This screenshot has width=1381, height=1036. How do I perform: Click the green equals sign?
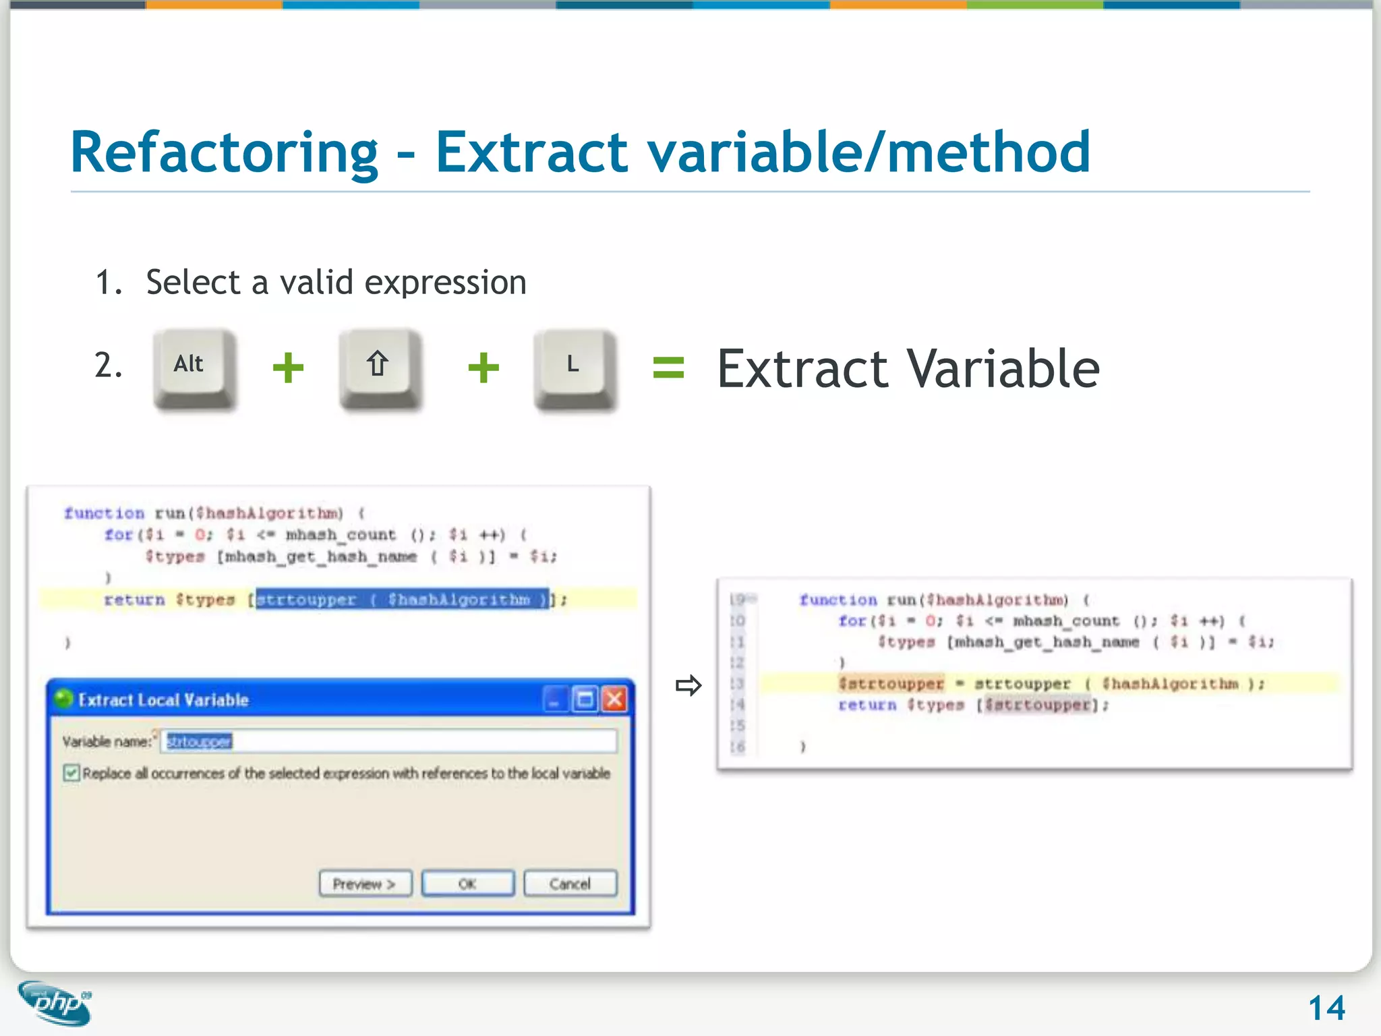pos(668,368)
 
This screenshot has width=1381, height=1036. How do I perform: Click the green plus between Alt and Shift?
pos(288,368)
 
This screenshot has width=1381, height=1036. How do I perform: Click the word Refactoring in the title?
pos(224,153)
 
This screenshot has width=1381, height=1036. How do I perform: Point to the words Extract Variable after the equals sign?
pos(908,369)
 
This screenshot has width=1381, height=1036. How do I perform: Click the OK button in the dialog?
pos(467,884)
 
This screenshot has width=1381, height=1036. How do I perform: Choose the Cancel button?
pos(570,884)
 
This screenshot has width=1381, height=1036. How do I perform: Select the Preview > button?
pos(365,884)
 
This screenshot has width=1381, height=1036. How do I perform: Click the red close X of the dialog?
pos(614,699)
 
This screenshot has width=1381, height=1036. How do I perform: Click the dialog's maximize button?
pos(585,699)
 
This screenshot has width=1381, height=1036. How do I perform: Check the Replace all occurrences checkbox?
pos(71,773)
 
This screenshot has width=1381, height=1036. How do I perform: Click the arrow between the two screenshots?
pos(688,686)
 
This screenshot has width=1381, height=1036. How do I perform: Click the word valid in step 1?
pos(316,282)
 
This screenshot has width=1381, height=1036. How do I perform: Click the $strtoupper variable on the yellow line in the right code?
pos(891,684)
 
